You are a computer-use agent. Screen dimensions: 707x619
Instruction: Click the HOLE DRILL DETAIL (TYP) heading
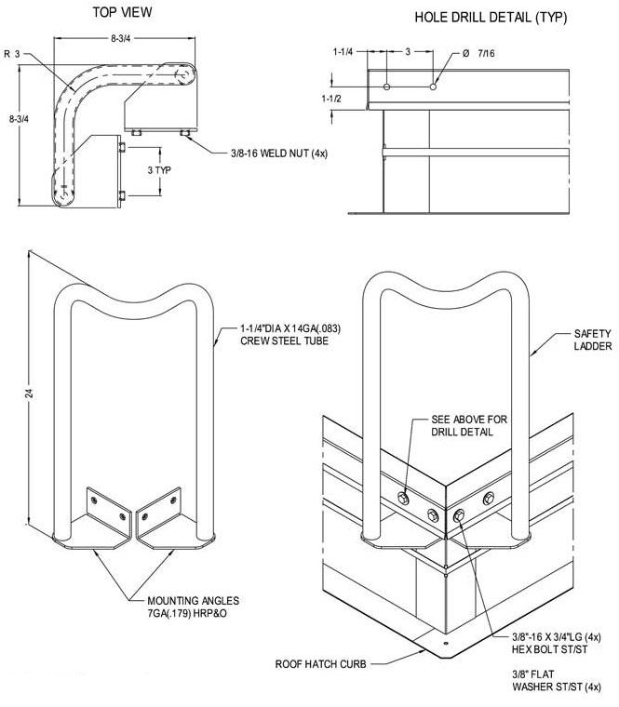click(x=490, y=17)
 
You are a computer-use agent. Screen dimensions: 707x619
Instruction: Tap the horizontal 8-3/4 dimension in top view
click(x=124, y=37)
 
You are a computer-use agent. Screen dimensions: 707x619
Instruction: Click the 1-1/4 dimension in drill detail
click(x=343, y=53)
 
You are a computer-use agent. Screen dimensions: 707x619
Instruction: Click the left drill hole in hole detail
click(x=387, y=87)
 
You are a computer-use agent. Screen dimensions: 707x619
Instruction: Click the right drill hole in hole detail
click(x=432, y=87)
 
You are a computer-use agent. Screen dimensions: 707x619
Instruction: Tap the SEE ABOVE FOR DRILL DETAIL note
click(x=470, y=426)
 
